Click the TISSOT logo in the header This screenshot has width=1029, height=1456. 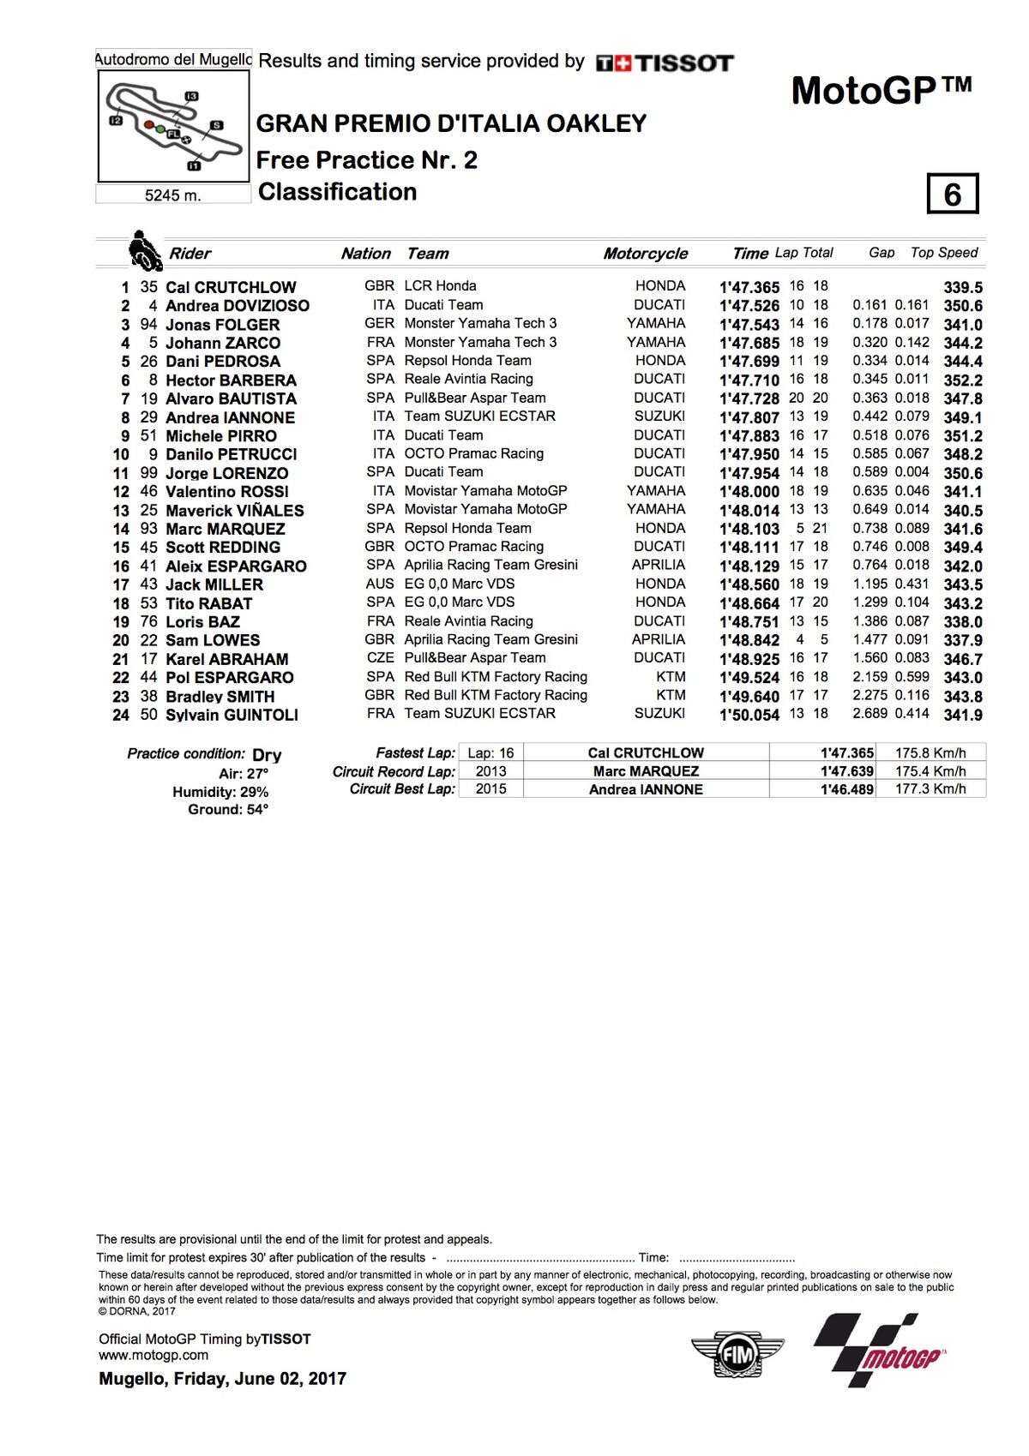click(x=665, y=63)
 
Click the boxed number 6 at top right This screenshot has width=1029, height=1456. click(x=952, y=195)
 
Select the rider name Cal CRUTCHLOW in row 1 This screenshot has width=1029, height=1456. click(x=231, y=287)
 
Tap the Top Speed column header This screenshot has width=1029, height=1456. click(x=943, y=253)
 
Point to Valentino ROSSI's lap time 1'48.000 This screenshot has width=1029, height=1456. click(x=749, y=492)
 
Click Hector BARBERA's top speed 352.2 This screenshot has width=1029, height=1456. click(x=962, y=380)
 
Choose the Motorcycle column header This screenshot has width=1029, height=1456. click(x=645, y=254)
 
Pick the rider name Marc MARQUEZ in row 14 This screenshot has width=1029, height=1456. click(x=225, y=529)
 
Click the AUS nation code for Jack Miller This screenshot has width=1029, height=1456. click(x=380, y=584)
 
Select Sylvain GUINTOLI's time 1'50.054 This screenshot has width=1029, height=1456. click(x=749, y=715)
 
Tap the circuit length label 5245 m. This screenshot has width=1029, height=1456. click(x=172, y=195)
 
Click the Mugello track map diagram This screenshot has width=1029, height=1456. click(x=173, y=126)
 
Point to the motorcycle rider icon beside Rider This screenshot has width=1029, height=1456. click(x=144, y=250)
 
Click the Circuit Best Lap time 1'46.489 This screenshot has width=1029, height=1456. click(x=846, y=789)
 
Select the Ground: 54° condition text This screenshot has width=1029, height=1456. click(x=228, y=810)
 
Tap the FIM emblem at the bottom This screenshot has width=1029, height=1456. click(x=737, y=1355)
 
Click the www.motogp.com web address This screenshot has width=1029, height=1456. click(x=153, y=1355)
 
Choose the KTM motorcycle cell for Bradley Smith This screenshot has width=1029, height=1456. click(x=671, y=696)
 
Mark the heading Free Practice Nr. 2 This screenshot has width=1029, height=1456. click(x=366, y=160)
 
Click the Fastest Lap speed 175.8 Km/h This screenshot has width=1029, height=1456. click(x=930, y=753)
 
